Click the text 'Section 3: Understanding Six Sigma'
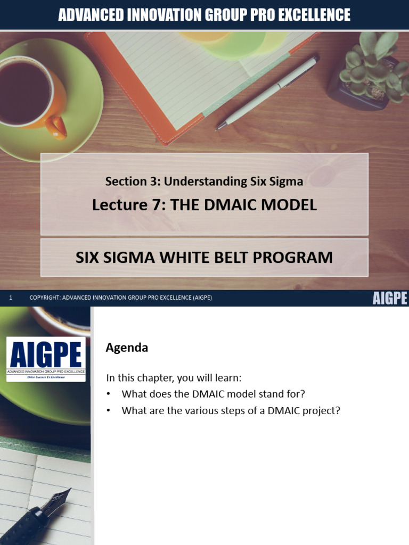(x=204, y=181)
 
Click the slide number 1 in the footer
(x=11, y=298)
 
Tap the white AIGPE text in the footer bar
(x=389, y=298)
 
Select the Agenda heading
(x=127, y=348)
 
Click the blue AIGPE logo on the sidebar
(x=46, y=358)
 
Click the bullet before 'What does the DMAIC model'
(x=109, y=394)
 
